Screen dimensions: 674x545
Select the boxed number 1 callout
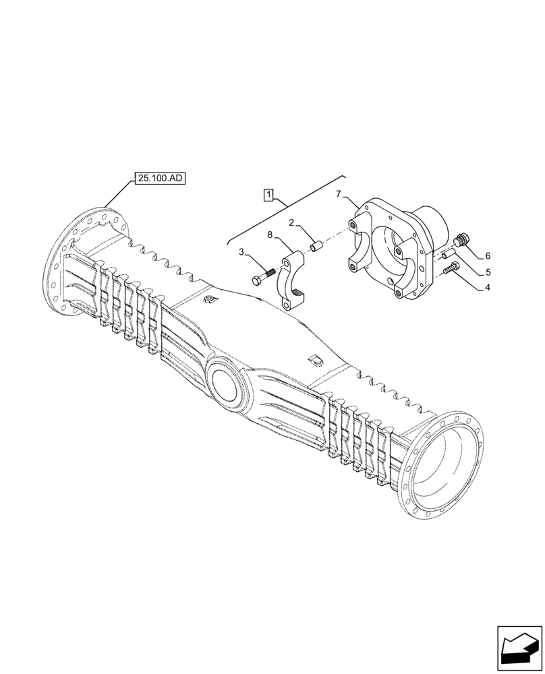pos(268,195)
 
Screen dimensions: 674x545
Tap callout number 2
pos(291,223)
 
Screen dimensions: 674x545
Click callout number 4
pos(487,287)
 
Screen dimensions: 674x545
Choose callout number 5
pos(487,272)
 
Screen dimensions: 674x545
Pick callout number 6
pos(487,256)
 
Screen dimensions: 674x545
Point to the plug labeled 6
pos(463,240)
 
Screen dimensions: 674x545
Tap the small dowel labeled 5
pos(449,254)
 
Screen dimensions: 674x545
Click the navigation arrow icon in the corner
pos(519,650)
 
